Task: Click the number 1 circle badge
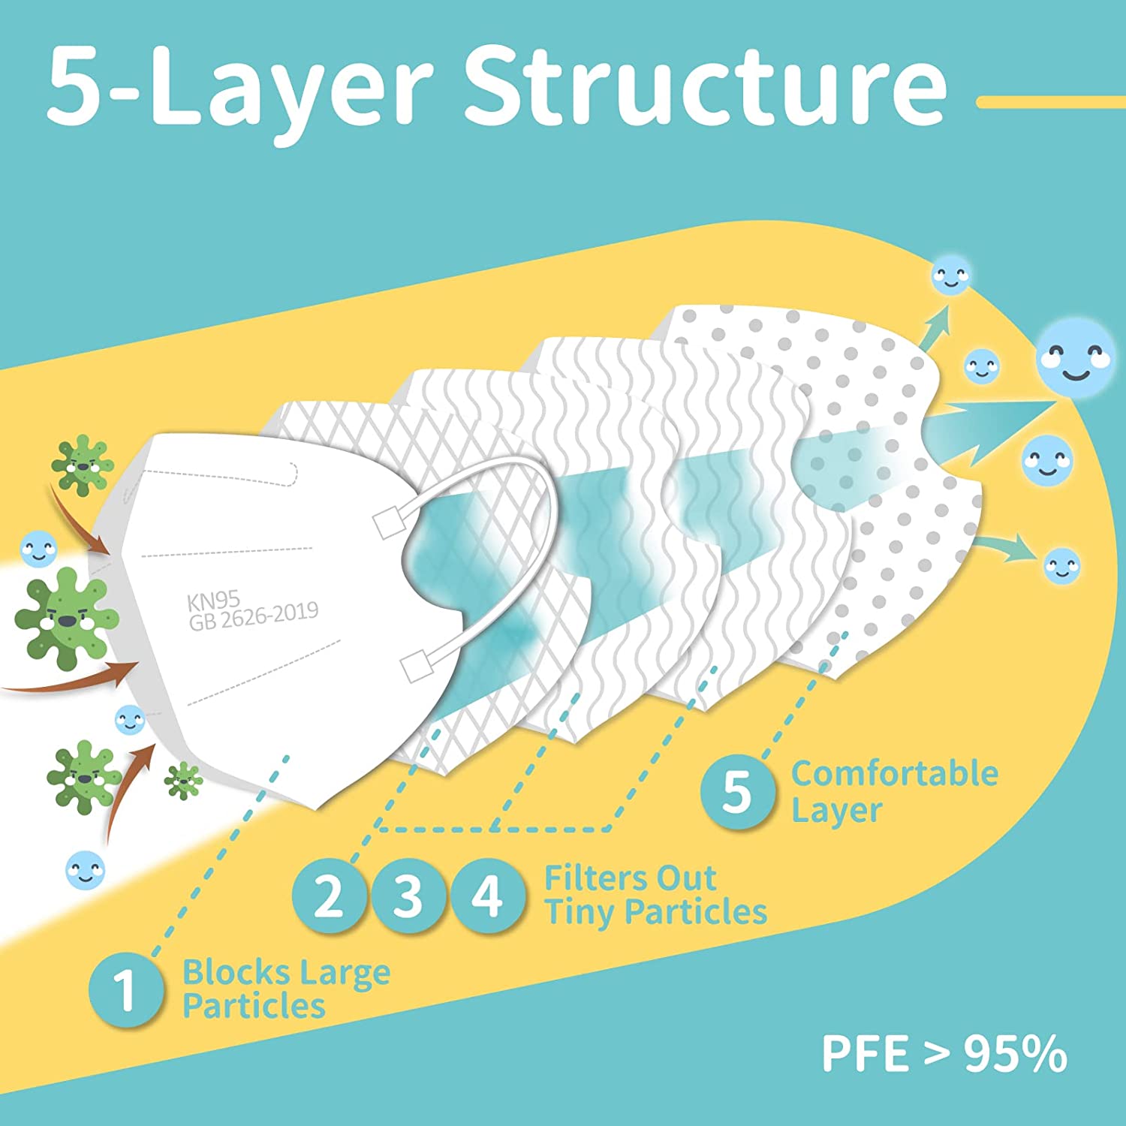(125, 989)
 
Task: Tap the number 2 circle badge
(329, 896)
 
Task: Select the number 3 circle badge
(408, 896)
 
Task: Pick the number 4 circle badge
(487, 896)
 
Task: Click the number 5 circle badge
(737, 791)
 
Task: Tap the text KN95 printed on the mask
(213, 601)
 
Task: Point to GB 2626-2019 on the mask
(254, 617)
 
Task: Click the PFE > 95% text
(944, 1053)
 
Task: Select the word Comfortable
(894, 774)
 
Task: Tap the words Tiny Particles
(655, 912)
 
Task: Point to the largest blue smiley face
(1075, 356)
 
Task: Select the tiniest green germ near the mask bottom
(183, 781)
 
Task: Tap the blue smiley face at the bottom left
(86, 871)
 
